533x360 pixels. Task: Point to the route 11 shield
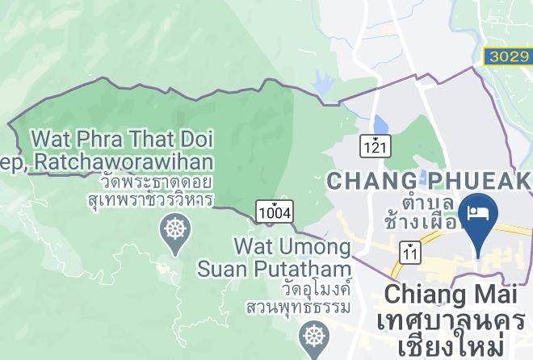[412, 253]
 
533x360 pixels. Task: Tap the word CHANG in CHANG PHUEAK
[371, 180]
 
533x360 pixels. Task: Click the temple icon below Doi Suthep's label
[174, 229]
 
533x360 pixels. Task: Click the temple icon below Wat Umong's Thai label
[313, 337]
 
